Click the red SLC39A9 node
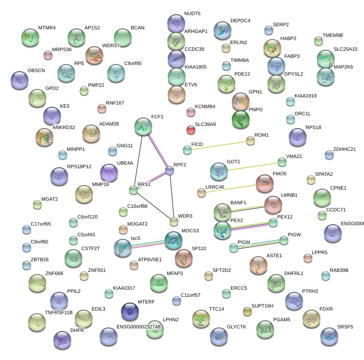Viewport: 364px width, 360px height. (x=190, y=130)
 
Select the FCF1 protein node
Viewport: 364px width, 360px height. (x=143, y=127)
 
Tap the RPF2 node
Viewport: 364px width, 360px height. (x=170, y=170)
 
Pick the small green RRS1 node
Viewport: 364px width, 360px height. (x=133, y=190)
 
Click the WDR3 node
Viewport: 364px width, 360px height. (x=174, y=222)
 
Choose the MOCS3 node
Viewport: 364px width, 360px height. (x=173, y=241)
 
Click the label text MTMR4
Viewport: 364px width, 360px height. (x=47, y=28)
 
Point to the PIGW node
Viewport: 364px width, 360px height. (x=284, y=240)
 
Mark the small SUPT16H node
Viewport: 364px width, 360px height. (x=247, y=310)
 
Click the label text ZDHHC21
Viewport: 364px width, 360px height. (x=344, y=149)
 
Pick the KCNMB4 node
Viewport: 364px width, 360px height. (x=191, y=112)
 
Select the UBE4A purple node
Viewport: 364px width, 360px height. (x=109, y=173)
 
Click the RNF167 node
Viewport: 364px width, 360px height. (x=102, y=108)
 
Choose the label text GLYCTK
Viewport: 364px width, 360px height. (x=236, y=327)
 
